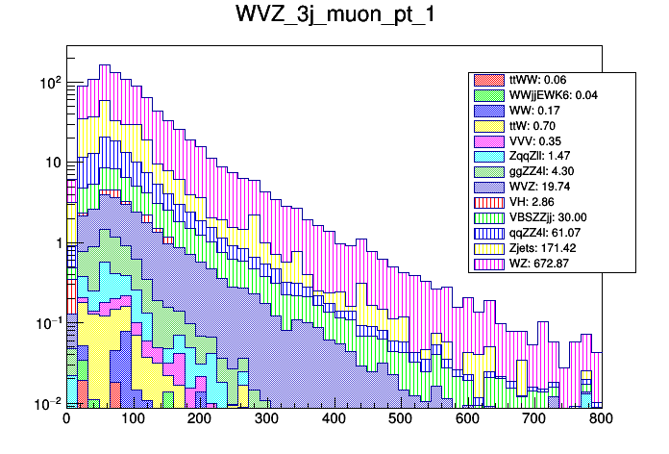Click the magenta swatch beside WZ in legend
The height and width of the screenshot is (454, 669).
point(487,264)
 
